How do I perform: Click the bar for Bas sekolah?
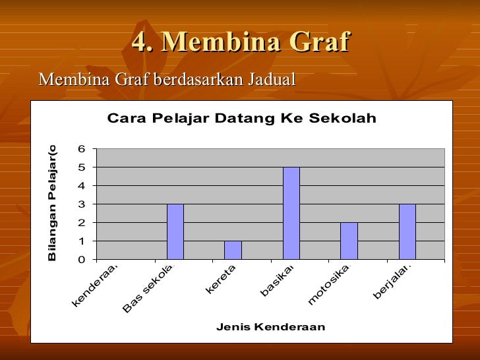point(175,231)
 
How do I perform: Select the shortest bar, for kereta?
point(233,250)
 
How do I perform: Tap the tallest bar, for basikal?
point(291,213)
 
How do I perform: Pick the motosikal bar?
point(349,241)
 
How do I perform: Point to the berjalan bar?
point(407,231)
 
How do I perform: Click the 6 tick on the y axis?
point(82,149)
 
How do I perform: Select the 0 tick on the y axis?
point(82,260)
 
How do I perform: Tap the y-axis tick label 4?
point(82,186)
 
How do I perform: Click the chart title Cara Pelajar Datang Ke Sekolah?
point(241,119)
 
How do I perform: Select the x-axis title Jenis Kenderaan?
point(270,327)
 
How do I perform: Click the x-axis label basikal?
point(277,281)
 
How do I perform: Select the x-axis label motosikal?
point(328,285)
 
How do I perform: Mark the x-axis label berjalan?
point(392,282)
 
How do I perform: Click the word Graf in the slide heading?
point(314,42)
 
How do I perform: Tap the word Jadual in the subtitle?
point(272,80)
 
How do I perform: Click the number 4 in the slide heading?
point(139,42)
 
